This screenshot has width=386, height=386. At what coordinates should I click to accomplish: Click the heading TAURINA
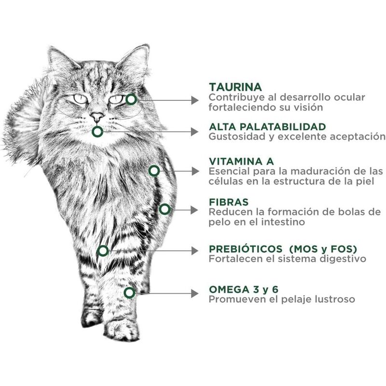235,87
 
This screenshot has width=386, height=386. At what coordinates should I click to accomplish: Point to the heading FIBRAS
229,201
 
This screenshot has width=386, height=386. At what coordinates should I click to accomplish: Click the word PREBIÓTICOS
246,248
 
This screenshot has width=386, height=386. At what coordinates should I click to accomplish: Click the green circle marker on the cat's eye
131,99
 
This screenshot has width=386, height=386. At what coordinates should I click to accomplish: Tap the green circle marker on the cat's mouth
97,131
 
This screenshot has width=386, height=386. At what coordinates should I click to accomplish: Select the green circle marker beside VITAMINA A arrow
154,170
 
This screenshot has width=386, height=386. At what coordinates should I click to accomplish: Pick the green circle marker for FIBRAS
165,209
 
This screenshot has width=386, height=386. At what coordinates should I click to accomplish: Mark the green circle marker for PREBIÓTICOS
102,250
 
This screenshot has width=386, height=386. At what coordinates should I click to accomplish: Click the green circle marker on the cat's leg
129,292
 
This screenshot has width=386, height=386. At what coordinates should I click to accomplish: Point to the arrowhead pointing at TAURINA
195,100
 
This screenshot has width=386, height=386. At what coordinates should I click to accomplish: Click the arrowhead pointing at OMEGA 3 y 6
195,292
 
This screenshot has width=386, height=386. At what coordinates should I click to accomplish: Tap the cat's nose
97,116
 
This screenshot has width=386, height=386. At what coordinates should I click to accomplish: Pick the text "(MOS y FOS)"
323,248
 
